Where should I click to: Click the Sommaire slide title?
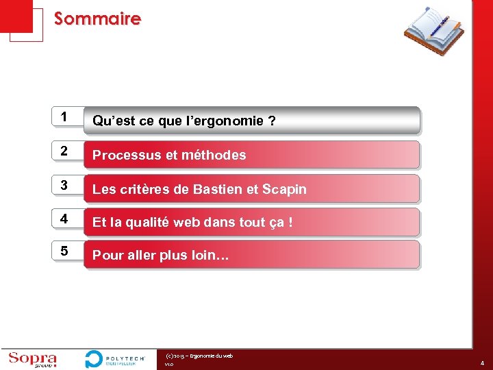[97, 18]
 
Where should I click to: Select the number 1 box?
[64, 117]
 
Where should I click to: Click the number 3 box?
[64, 186]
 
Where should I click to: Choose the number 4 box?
[64, 219]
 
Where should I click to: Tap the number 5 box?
[64, 252]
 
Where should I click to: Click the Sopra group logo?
[32, 360]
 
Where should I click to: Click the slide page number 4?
[482, 363]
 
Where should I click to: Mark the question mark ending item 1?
[273, 121]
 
